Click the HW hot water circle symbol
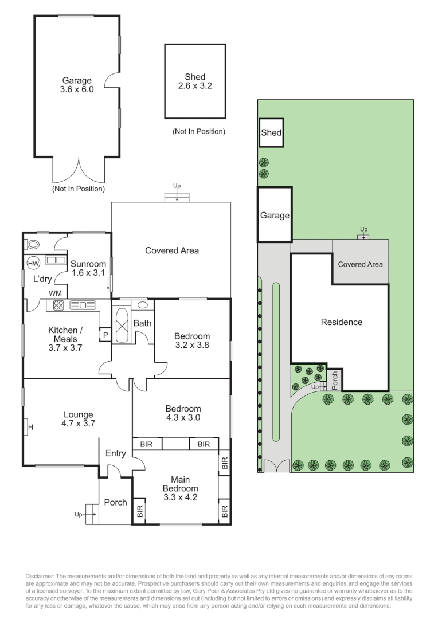coord(33,263)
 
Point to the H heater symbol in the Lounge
coord(30,426)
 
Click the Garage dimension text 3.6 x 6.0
coord(76,89)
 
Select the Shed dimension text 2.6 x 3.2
coord(195,86)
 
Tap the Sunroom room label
coord(88,264)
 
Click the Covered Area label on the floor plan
coord(171,250)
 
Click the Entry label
coord(115,453)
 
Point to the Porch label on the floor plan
coord(115,502)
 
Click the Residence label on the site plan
coord(341,322)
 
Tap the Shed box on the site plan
coord(271,132)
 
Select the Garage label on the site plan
coord(275,216)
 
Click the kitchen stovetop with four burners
coord(57,305)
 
